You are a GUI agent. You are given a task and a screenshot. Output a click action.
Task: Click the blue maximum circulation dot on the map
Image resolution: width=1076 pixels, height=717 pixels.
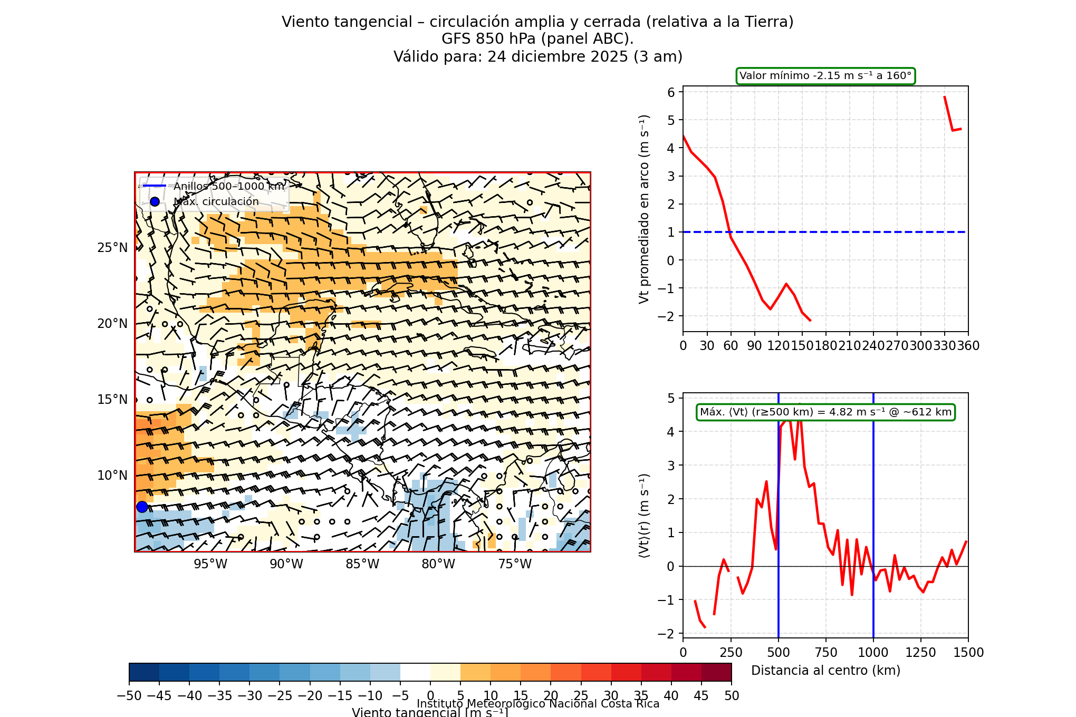(x=142, y=507)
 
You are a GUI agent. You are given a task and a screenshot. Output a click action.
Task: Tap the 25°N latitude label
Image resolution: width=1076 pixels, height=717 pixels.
(x=112, y=248)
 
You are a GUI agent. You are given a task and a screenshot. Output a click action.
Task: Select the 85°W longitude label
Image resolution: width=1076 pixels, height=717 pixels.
(x=362, y=564)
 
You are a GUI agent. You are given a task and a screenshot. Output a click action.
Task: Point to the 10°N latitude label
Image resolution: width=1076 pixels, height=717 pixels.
(x=112, y=476)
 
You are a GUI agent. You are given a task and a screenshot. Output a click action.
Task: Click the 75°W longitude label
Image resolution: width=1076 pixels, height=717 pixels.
(x=515, y=564)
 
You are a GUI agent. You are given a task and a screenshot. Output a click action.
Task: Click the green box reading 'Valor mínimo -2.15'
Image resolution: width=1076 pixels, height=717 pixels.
(x=825, y=76)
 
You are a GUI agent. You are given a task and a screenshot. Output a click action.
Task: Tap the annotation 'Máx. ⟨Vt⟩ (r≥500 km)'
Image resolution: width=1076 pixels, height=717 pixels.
(x=825, y=412)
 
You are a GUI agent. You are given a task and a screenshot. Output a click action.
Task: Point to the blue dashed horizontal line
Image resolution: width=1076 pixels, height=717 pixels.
(x=844, y=232)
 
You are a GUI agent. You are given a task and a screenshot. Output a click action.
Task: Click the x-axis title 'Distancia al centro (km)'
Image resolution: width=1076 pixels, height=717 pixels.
(x=825, y=671)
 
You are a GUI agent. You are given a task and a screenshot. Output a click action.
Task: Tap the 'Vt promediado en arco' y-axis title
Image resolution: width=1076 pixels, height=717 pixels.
(x=644, y=209)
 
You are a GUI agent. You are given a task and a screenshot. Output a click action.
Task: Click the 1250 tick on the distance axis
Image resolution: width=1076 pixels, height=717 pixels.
(x=920, y=653)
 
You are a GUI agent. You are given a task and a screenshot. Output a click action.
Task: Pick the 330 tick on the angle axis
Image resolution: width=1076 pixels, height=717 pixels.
(x=944, y=346)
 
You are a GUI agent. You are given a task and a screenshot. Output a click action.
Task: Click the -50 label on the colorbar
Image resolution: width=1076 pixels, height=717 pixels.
(x=129, y=696)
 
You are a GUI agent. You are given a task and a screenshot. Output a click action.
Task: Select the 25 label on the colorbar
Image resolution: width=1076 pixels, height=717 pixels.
(x=581, y=696)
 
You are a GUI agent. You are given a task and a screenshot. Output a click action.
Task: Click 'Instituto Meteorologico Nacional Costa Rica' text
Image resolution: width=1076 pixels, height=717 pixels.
(x=538, y=704)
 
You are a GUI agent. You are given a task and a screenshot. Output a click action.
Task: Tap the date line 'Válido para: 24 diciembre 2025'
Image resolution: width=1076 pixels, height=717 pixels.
(x=537, y=56)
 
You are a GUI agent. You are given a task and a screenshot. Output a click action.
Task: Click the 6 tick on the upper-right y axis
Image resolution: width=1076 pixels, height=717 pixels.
(x=671, y=92)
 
